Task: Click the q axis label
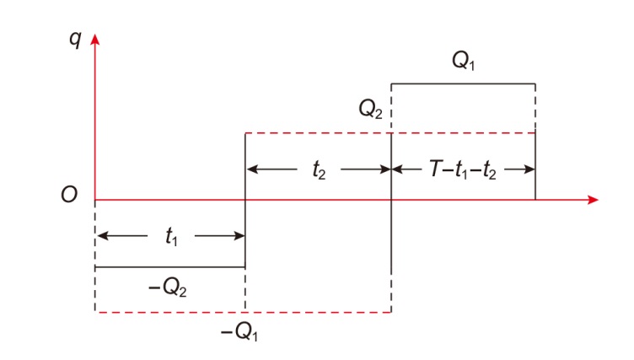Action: [77, 40]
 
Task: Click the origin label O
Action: [69, 196]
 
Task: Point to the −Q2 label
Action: [169, 286]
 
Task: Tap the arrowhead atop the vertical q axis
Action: [95, 40]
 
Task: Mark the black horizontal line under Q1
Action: [463, 84]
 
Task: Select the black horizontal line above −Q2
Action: [169, 267]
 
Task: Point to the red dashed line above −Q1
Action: [243, 312]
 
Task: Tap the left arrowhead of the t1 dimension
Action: [101, 236]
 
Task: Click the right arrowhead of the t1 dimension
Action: [239, 236]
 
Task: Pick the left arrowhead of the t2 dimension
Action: [251, 167]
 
